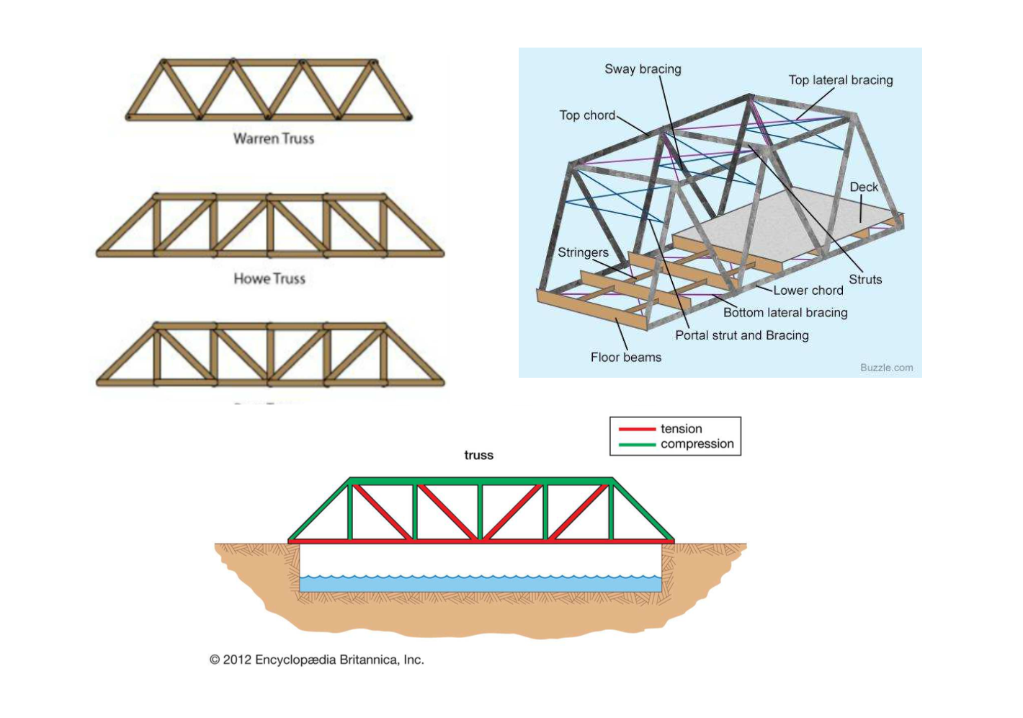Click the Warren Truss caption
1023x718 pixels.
(274, 138)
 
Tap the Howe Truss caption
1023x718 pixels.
(269, 278)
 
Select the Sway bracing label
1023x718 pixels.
(643, 69)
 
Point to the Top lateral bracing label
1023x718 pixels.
(840, 80)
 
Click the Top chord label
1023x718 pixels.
(587, 115)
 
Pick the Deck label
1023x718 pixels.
(864, 187)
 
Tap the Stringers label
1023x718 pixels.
(583, 252)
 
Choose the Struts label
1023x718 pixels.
(865, 280)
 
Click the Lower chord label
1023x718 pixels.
(808, 291)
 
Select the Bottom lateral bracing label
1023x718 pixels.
(785, 313)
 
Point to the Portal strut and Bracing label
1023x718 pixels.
(741, 335)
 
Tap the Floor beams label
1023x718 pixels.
(625, 358)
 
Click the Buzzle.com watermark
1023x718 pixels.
(886, 368)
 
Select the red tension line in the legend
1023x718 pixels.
(637, 429)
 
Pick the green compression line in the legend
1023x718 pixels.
(637, 444)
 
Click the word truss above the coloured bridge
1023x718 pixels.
(478, 455)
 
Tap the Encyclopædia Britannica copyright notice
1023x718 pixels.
(317, 660)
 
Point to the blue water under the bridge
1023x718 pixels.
(480, 583)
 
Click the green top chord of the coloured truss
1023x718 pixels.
(481, 481)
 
